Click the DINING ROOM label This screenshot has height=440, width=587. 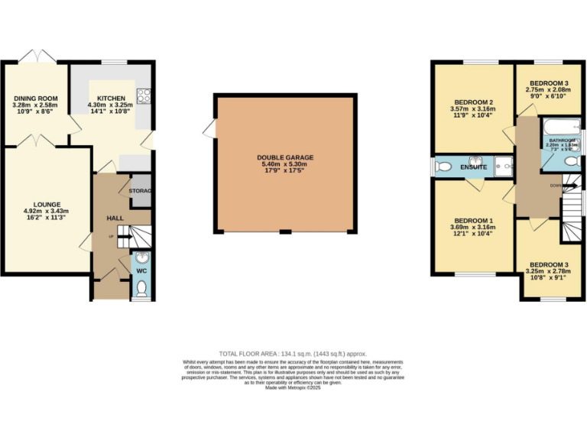click(36, 98)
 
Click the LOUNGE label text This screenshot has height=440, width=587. click(47, 205)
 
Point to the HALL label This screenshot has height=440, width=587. click(115, 218)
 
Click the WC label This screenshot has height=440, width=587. click(141, 270)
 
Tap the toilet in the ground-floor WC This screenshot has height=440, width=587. click(141, 288)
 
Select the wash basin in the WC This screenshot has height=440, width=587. click(141, 257)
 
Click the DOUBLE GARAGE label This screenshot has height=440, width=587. click(285, 157)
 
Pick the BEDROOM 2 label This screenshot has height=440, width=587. click(473, 103)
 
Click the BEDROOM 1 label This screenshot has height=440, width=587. click(473, 222)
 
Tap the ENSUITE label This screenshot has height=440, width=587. click(473, 167)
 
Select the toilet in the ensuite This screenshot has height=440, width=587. click(443, 166)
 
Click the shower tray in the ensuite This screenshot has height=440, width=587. click(503, 164)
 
